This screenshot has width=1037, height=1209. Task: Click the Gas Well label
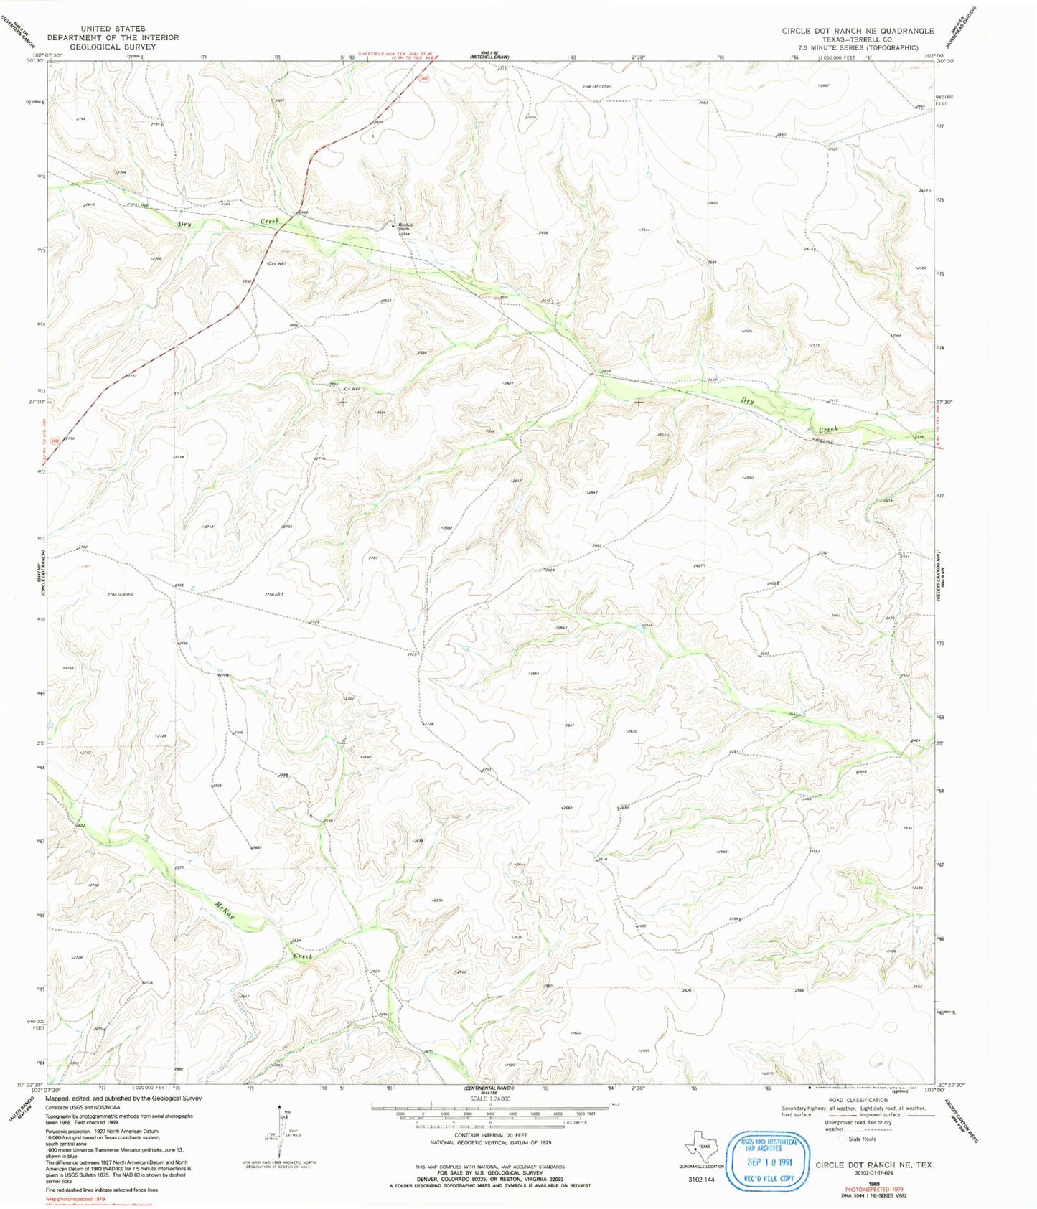click(276, 264)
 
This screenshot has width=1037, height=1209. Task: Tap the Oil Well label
click(352, 389)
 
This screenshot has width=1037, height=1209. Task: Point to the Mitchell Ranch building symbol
click(393, 226)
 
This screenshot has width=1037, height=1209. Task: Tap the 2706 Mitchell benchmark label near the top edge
click(597, 86)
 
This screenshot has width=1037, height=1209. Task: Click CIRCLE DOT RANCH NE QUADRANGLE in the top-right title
click(858, 31)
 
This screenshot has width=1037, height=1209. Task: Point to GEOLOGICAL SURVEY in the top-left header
click(113, 47)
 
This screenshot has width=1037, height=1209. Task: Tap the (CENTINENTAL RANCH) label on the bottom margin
click(489, 1088)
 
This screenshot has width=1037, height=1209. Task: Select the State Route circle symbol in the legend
click(843, 1139)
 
